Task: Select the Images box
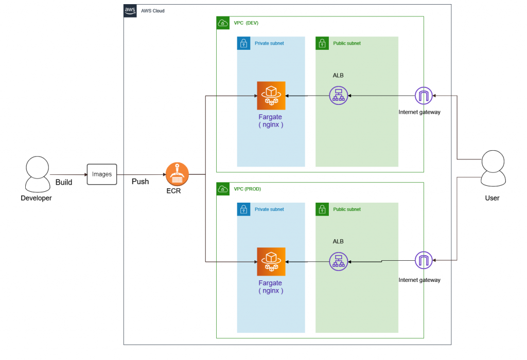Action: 102,174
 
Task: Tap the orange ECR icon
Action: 177,174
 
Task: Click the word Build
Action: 64,182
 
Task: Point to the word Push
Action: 140,182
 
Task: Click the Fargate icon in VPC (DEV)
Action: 271,96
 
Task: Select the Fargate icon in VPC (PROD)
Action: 271,262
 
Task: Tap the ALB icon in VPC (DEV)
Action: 338,96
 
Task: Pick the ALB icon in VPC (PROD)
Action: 338,262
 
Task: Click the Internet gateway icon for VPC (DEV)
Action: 423,96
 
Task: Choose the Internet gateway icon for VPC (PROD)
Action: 423,261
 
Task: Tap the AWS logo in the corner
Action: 130,11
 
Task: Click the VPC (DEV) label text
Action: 247,23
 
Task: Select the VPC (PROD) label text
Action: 248,189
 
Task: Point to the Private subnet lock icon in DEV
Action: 243,43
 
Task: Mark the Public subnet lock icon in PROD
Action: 322,209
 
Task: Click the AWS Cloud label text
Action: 153,11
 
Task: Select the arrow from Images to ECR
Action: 142,174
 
